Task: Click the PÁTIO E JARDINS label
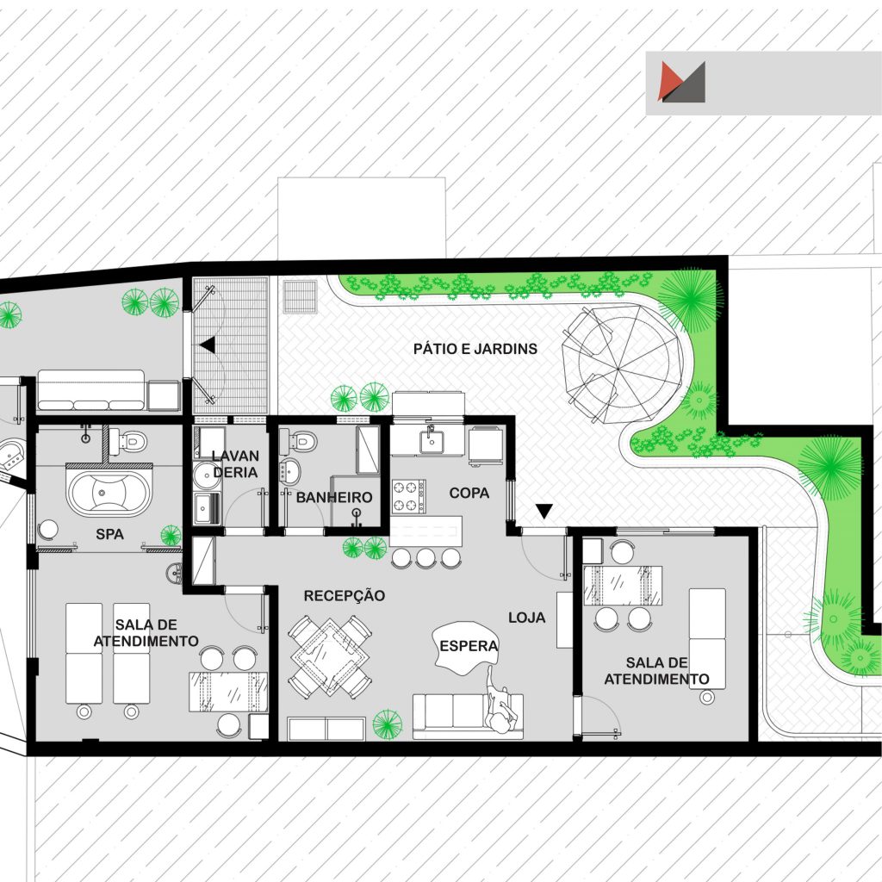point(475,349)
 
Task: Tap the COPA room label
point(469,494)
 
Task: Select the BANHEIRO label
point(334,497)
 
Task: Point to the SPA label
point(109,534)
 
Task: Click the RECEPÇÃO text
point(345,596)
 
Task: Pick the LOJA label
point(527,618)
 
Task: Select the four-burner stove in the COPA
point(409,496)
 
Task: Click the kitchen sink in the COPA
point(432,440)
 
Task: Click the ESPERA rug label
point(469,646)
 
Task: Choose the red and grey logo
point(682,82)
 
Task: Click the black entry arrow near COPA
point(544,511)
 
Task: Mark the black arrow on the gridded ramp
point(208,345)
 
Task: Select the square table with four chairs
point(330,657)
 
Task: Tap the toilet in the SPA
point(127,442)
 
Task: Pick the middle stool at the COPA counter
point(425,557)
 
